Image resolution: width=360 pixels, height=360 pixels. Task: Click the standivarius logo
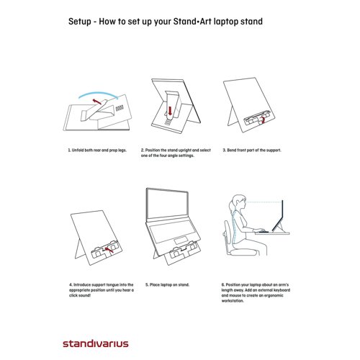coord(96,343)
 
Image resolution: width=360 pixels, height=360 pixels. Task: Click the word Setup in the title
coord(80,22)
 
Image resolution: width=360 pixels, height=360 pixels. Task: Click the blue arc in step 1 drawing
coord(99,92)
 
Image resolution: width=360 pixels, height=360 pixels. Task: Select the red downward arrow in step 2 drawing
coord(170,111)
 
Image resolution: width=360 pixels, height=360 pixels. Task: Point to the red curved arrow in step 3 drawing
coord(264,120)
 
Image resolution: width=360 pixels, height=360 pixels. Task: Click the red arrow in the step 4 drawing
coord(109,250)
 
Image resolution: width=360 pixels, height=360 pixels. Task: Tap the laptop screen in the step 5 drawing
coord(167,204)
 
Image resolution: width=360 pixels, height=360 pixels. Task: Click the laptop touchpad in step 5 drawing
coord(181,240)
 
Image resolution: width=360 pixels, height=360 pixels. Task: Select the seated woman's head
coord(238,203)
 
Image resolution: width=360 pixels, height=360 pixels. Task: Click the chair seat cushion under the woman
coord(243,252)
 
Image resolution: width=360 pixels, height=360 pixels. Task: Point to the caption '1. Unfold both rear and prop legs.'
coord(97,150)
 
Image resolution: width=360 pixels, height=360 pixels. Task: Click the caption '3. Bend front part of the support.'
coord(252,150)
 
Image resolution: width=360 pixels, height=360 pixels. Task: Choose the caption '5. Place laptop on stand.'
coord(167,285)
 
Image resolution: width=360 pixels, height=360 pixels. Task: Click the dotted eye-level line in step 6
coord(264,202)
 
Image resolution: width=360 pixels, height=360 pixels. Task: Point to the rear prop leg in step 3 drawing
coord(232,117)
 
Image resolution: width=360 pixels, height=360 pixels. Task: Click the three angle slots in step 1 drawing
coord(120,108)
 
